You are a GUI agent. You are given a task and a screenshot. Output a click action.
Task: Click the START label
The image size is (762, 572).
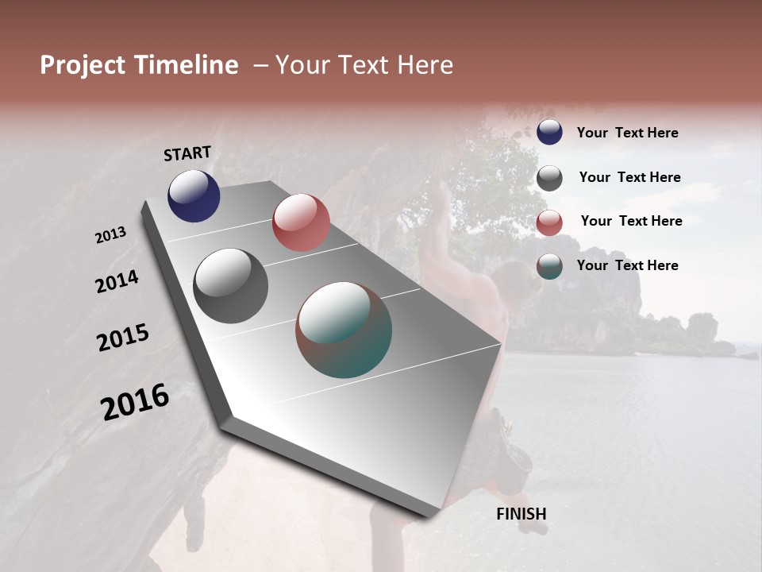(x=187, y=153)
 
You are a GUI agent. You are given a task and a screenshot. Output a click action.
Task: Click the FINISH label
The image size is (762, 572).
(x=521, y=514)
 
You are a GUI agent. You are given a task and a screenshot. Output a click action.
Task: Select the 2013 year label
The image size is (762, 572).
(x=110, y=235)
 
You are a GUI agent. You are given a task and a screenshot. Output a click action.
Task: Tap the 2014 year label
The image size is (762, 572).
(x=117, y=282)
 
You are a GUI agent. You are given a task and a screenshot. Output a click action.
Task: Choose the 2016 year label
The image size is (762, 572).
(x=135, y=402)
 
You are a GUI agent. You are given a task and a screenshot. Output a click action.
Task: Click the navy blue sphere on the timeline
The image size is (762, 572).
(x=194, y=196)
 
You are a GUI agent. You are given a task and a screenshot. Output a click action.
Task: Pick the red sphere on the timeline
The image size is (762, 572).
(x=301, y=222)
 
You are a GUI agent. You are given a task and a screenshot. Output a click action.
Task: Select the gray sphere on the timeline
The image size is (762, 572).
(x=230, y=286)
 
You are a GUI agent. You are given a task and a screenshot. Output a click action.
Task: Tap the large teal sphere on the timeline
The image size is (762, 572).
(x=344, y=330)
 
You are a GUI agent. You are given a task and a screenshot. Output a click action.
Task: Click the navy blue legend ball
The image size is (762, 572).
(x=549, y=132)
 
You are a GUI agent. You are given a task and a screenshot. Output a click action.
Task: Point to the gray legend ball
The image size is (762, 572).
(x=549, y=178)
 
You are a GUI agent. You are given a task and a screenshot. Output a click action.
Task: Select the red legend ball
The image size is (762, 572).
(x=549, y=222)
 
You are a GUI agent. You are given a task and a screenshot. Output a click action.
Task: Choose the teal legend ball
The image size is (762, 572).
(x=549, y=266)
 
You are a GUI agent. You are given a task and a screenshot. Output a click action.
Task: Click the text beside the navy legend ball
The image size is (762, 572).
(x=627, y=133)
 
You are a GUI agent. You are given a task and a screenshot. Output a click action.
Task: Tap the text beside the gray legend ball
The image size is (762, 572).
(x=629, y=178)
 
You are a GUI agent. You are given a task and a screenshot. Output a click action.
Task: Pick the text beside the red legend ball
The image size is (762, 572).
(x=631, y=221)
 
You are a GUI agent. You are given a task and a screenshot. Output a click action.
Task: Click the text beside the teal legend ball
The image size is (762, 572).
(x=627, y=265)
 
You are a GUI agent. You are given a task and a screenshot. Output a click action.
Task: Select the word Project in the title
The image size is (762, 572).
(x=83, y=65)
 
